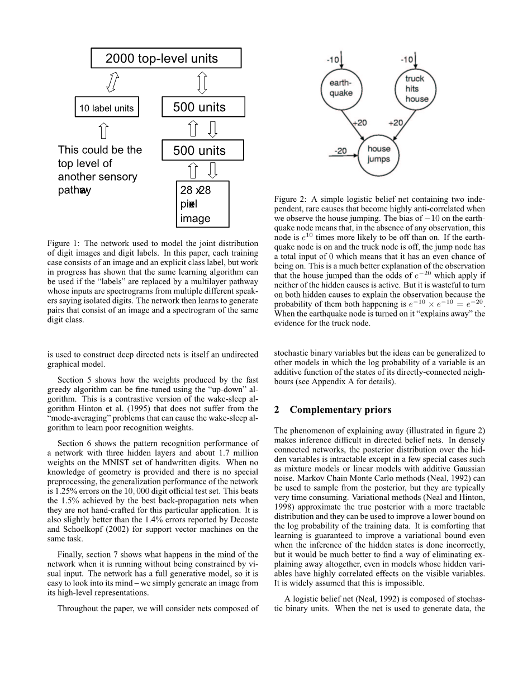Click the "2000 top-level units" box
pyautogui.click(x=166, y=58)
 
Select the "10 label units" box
pyautogui.click(x=107, y=108)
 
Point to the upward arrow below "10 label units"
pyautogui.click(x=103, y=131)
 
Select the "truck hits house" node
pyautogui.click(x=416, y=88)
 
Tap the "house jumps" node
pyautogui.click(x=378, y=154)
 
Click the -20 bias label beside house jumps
pyautogui.click(x=341, y=150)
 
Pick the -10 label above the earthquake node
pyautogui.click(x=333, y=59)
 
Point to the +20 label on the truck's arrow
pyautogui.click(x=395, y=122)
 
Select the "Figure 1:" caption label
pyautogui.click(x=63, y=244)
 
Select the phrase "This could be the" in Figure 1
pyautogui.click(x=100, y=150)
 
